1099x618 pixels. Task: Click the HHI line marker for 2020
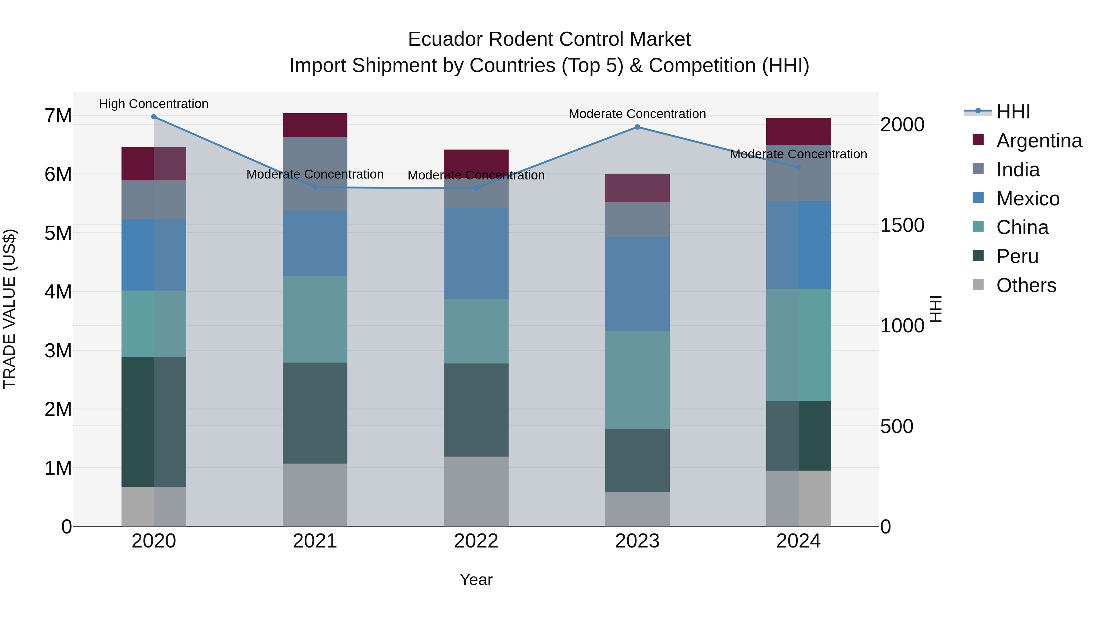click(154, 117)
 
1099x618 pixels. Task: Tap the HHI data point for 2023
click(637, 127)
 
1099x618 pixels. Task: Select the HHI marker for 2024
click(799, 168)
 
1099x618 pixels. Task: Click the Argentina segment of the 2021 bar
click(315, 125)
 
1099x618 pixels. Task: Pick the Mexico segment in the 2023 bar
click(637, 284)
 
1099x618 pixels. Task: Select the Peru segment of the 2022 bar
click(476, 410)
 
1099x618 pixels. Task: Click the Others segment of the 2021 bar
click(315, 495)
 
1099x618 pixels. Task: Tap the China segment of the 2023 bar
click(637, 380)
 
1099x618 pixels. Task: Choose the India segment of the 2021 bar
click(315, 174)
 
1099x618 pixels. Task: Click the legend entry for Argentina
click(1039, 141)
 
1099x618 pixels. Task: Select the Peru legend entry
click(1017, 256)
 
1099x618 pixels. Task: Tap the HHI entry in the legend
click(1013, 112)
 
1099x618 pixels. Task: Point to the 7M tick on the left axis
click(58, 116)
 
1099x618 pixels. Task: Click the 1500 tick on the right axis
click(902, 225)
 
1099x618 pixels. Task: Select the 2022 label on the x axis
click(476, 541)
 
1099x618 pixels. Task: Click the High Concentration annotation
click(154, 104)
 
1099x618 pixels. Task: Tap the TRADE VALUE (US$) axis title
click(9, 309)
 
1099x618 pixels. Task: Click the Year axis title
click(476, 580)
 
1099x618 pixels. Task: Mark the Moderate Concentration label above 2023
click(637, 114)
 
